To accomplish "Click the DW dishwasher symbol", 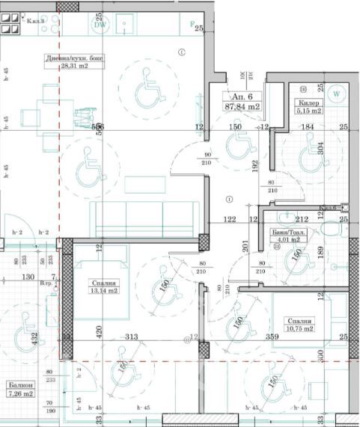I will point(100,24).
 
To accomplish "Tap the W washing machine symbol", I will point(336,94).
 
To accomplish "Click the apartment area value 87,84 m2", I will point(245,107).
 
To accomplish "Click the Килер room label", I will point(308,101).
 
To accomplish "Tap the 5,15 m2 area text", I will point(308,111).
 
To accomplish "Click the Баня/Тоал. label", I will point(288,233).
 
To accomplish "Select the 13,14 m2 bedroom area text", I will point(105,292).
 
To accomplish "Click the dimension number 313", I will point(133,337).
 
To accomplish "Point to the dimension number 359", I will point(276,337).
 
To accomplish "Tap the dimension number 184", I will point(307,127).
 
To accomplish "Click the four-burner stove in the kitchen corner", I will point(10,24).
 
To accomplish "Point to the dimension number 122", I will point(229,220).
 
